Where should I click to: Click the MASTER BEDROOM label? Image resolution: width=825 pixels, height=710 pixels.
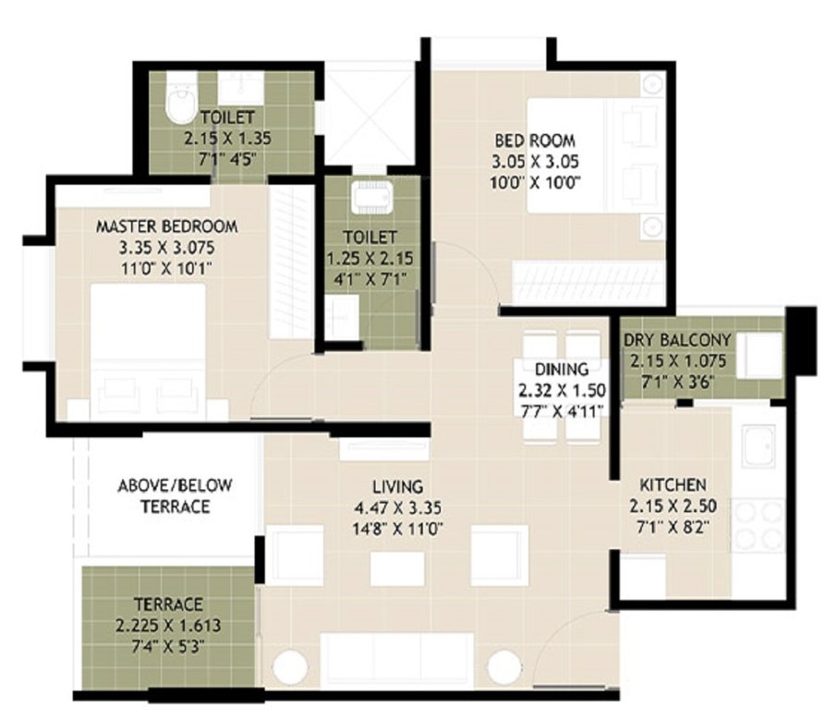click(x=167, y=226)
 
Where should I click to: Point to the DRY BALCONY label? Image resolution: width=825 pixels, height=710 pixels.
click(x=676, y=339)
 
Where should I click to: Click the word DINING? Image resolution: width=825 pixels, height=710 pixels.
click(x=563, y=370)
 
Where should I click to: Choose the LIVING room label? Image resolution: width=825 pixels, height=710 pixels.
click(x=397, y=486)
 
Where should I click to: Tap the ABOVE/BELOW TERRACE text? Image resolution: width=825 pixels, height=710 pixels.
click(x=175, y=496)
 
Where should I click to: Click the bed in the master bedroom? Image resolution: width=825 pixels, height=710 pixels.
click(x=148, y=351)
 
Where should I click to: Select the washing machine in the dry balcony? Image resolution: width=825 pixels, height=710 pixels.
click(x=762, y=354)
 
